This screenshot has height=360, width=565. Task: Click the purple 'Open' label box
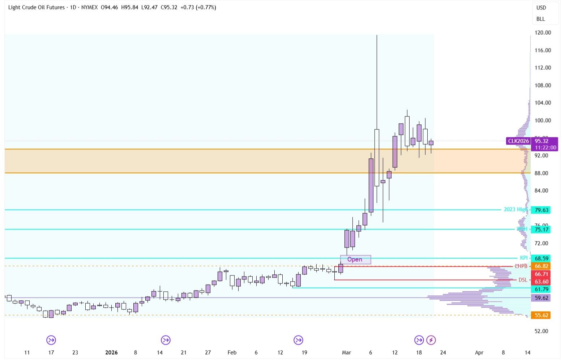pos(355,260)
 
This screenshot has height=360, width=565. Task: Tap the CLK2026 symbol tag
pos(518,141)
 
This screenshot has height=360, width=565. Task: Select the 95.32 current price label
pos(541,141)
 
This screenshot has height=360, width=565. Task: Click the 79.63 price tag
pos(541,210)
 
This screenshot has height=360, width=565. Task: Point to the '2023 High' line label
pos(515,210)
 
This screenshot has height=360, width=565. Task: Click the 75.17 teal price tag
pos(541,230)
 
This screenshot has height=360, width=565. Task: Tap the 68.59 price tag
pos(541,258)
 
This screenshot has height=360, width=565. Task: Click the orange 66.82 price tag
pos(541,266)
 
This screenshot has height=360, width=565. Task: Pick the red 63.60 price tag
pos(541,282)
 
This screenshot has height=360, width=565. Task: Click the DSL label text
pos(523,280)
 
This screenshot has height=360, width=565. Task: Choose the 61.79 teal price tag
pos(541,289)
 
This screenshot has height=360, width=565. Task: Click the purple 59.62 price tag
pos(541,298)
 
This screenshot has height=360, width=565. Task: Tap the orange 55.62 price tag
pos(541,315)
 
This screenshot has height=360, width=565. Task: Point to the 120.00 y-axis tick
pos(543,33)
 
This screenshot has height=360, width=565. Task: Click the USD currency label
pos(541,8)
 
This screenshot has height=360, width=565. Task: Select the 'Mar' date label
pos(346,352)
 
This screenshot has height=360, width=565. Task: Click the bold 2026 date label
pos(111,352)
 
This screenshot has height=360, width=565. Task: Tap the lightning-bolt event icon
pos(431,340)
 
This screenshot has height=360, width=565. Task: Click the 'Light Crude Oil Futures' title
pos(37,7)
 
